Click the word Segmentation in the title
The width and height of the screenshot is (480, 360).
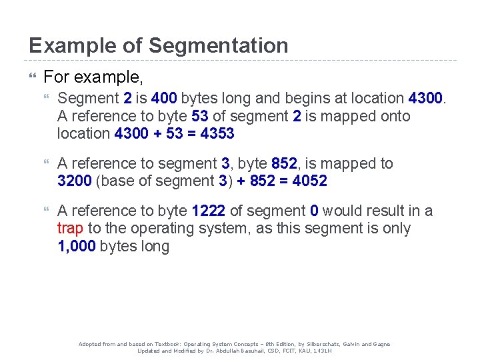(x=219, y=45)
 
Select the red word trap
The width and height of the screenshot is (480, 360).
(x=70, y=229)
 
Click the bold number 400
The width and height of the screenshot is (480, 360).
(x=164, y=99)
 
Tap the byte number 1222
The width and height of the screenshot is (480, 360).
(x=208, y=211)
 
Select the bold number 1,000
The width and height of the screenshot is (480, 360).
(x=76, y=247)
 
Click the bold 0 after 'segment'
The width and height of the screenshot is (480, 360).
(x=314, y=211)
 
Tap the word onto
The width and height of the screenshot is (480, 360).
(x=395, y=116)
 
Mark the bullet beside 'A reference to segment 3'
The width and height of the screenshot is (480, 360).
(x=46, y=164)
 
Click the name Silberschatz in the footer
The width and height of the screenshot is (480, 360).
(x=310, y=344)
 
